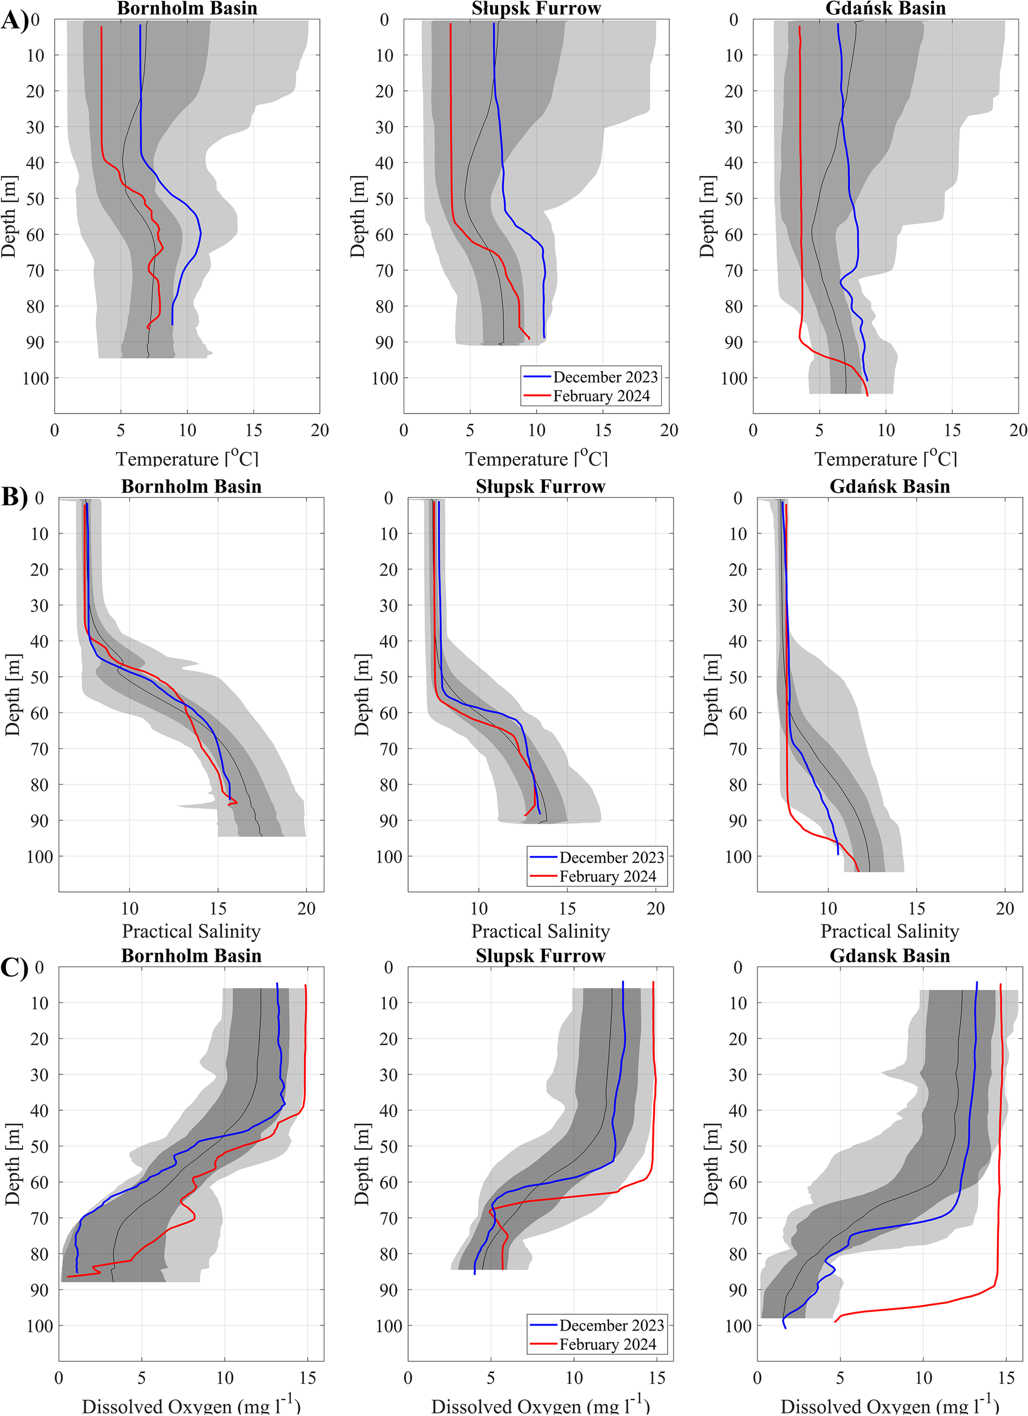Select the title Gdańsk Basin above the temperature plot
(885, 8)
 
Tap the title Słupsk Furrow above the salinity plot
(540, 487)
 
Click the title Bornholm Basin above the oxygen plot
(191, 956)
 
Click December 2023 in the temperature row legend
(605, 377)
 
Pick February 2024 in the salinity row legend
(607, 877)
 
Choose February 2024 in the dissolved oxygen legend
(607, 1344)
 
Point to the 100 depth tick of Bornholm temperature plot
(36, 378)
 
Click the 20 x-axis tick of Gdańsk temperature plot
(1018, 430)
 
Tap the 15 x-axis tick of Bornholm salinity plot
(218, 909)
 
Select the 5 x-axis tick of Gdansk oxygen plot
(840, 1378)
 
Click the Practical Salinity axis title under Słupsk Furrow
(540, 932)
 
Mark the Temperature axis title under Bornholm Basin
(187, 459)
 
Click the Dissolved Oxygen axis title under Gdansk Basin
(889, 1406)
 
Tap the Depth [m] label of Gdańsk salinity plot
(711, 695)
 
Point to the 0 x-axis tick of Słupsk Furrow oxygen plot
(408, 1378)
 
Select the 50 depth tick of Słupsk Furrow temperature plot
(384, 199)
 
